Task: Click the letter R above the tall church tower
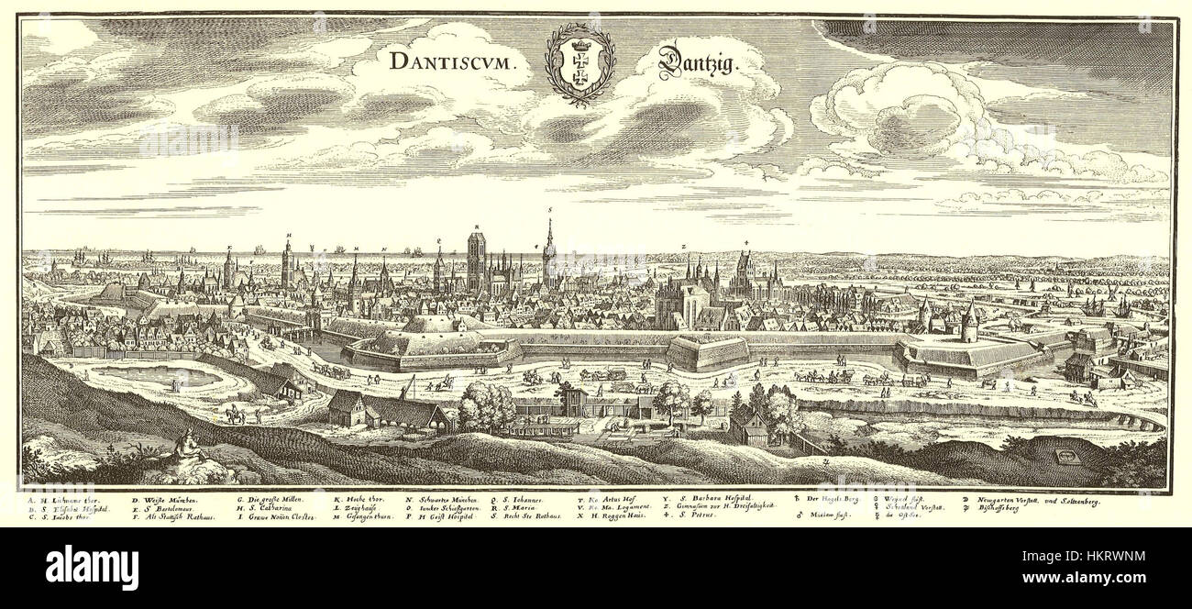(x=477, y=226)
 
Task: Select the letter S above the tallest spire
(x=549, y=209)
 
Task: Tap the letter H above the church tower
(x=287, y=235)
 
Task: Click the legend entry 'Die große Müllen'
(x=272, y=500)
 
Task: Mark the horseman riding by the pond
(x=236, y=415)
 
